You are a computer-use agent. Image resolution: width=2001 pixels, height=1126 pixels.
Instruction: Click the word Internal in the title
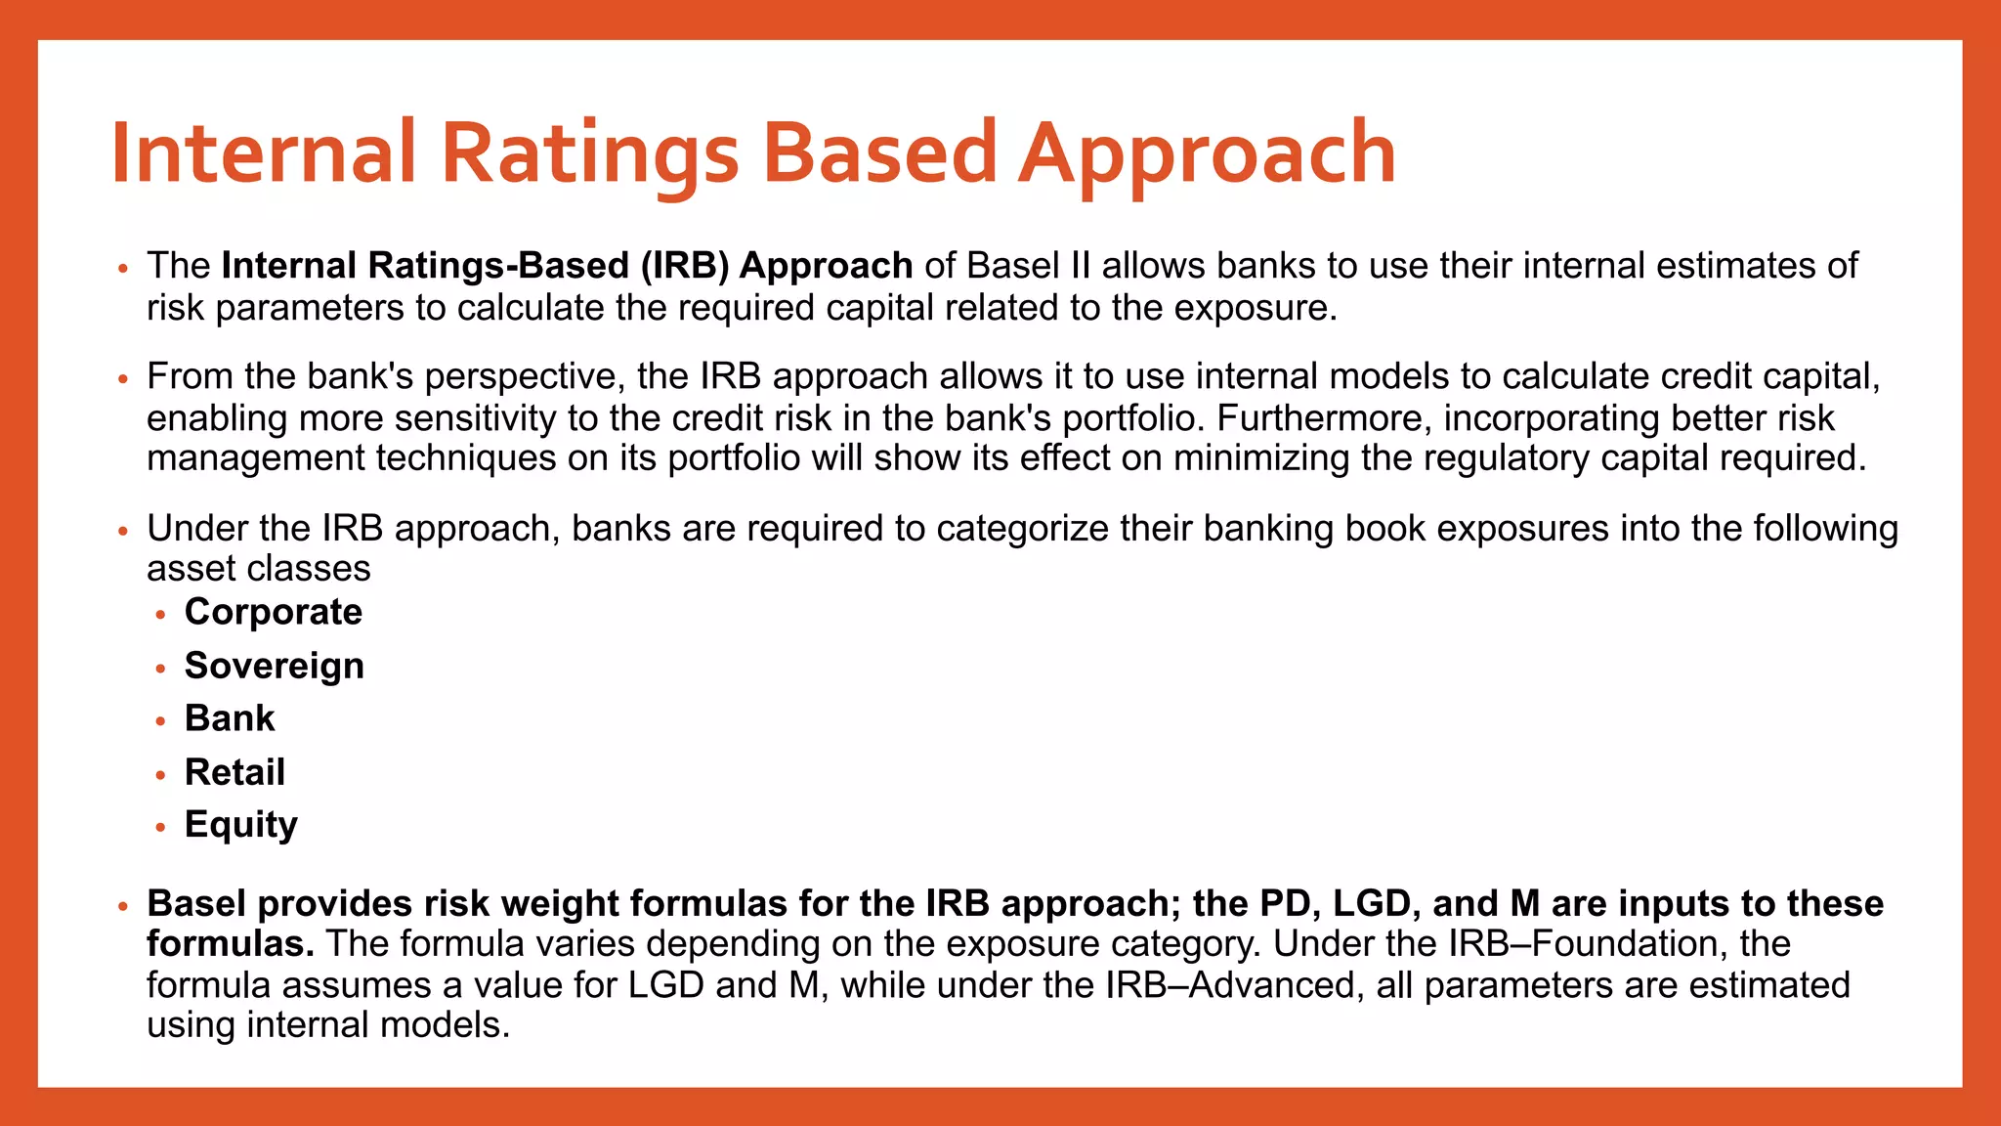point(264,153)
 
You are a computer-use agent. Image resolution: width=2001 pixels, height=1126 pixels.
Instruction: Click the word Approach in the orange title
point(1207,153)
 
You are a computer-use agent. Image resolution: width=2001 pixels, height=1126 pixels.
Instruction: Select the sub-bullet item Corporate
point(273,612)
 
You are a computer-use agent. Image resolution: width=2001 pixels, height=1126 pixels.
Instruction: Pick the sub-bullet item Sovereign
point(274,666)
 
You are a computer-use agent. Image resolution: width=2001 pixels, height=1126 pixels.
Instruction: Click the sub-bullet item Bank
point(230,718)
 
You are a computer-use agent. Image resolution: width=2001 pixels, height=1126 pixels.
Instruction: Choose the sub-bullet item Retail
point(234,772)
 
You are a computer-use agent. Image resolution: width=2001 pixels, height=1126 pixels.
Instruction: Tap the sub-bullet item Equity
point(240,825)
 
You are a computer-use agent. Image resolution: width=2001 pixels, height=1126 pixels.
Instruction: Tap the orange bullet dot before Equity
point(161,827)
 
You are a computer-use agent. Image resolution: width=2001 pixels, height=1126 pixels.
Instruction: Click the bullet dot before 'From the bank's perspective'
point(122,378)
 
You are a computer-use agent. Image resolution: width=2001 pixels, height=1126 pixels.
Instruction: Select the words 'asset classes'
point(259,569)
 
